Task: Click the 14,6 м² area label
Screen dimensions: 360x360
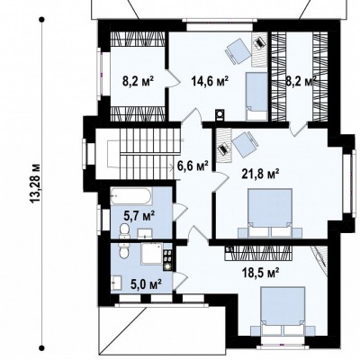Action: tap(210, 81)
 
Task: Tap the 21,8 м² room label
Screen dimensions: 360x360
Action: tap(261, 174)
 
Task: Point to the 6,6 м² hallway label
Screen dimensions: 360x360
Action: tap(193, 166)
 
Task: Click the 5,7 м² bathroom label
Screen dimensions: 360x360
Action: tap(139, 216)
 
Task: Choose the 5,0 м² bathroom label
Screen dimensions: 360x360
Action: tap(147, 283)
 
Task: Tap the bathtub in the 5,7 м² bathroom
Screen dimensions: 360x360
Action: tap(131, 197)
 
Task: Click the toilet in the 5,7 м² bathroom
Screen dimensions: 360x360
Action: tap(124, 231)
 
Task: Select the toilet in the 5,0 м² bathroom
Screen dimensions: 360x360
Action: tap(124, 251)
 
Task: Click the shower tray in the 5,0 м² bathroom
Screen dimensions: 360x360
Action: tap(152, 254)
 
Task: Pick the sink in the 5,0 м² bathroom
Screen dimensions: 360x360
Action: tap(116, 283)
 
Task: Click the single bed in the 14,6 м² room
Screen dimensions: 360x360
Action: tap(256, 96)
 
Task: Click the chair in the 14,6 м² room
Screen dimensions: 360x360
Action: tap(238, 51)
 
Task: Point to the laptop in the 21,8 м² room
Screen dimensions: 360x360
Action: tap(223, 148)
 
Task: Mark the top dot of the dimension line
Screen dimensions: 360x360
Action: tap(42, 20)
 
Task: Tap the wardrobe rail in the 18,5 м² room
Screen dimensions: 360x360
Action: tap(258, 253)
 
